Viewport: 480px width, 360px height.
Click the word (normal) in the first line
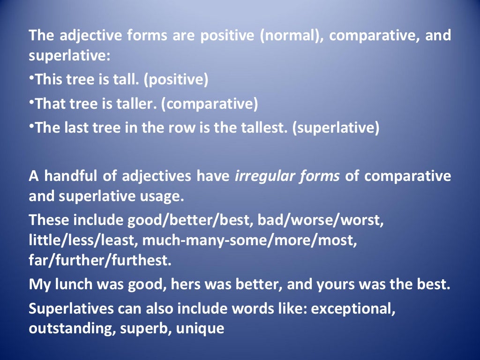click(x=291, y=36)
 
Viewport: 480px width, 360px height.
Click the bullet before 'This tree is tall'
click(x=32, y=77)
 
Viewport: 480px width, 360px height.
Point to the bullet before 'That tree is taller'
click(x=32, y=101)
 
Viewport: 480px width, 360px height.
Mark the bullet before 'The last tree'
click(x=32, y=125)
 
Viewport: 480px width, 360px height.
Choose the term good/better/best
click(x=177, y=220)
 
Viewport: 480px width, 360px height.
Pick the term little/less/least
click(x=83, y=240)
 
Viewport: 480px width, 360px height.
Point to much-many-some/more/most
click(x=249, y=240)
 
